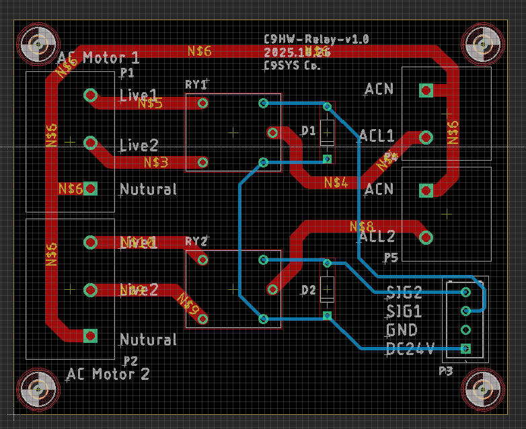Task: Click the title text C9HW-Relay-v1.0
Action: [x=317, y=40]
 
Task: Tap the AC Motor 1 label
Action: [x=100, y=57]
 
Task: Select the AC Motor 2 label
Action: [x=108, y=374]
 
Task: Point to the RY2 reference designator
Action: [x=196, y=241]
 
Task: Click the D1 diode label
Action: [x=308, y=131]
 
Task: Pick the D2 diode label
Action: [x=308, y=290]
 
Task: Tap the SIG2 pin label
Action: [x=404, y=292]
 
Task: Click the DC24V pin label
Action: [x=410, y=348]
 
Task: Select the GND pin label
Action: [x=402, y=330]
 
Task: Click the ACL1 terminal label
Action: [x=377, y=135]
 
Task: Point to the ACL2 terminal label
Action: [x=377, y=236]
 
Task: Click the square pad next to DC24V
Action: [x=465, y=348]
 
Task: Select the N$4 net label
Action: [x=336, y=182]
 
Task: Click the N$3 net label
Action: [x=156, y=162]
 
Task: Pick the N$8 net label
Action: [x=361, y=226]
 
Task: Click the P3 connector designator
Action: [x=446, y=370]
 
